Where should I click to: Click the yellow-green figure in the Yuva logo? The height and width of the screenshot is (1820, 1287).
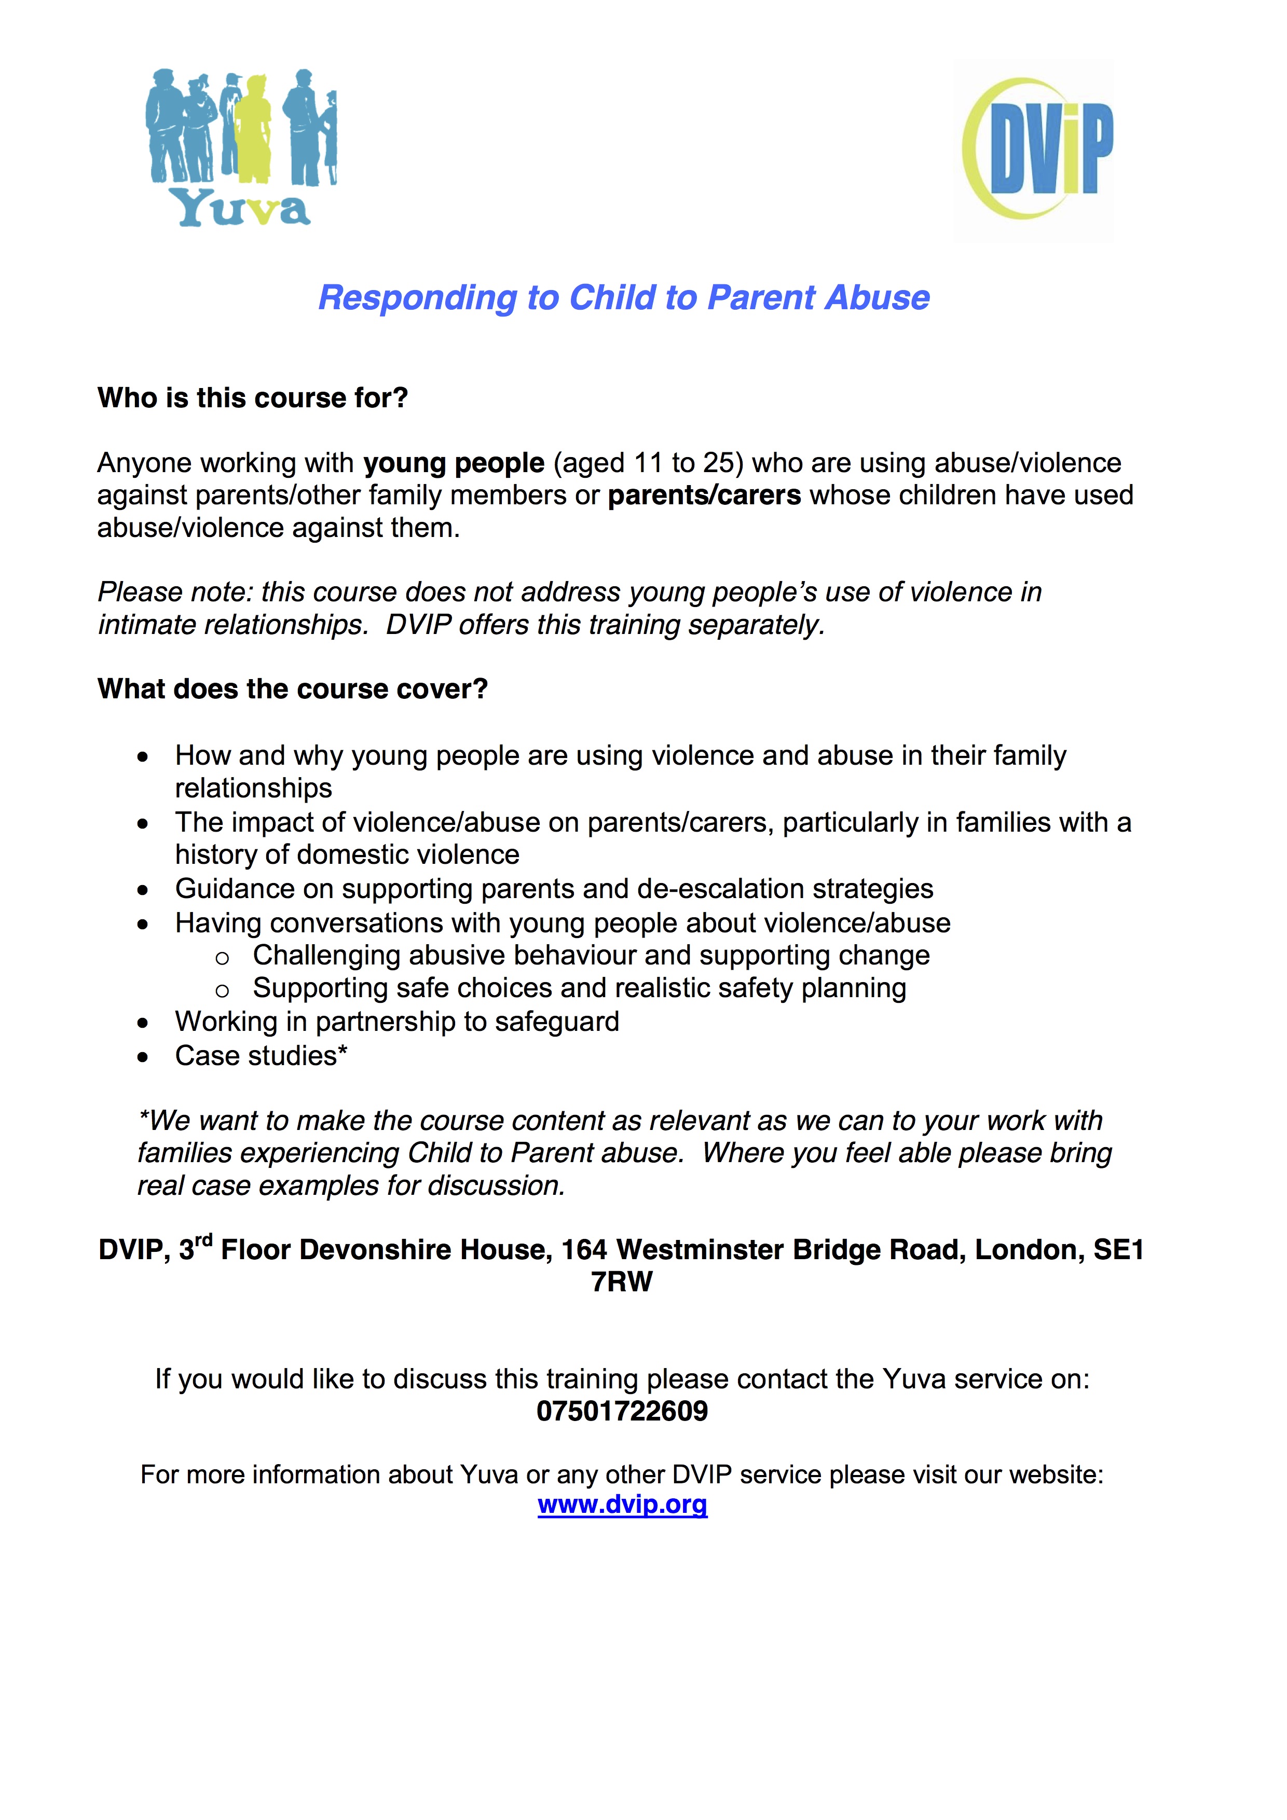click(254, 127)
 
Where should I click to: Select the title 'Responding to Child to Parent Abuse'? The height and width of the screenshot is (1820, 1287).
click(623, 298)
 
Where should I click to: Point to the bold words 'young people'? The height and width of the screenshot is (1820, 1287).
click(454, 463)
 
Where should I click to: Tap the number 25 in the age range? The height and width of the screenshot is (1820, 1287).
click(718, 463)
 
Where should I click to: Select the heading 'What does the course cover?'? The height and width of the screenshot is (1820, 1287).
click(292, 689)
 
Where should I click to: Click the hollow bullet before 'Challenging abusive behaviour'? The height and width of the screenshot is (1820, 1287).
click(222, 958)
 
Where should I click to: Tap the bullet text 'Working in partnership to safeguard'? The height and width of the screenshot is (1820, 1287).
click(396, 1022)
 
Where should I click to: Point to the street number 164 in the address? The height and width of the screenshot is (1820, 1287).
click(584, 1250)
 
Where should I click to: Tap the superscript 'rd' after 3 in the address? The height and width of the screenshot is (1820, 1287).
click(204, 1240)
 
